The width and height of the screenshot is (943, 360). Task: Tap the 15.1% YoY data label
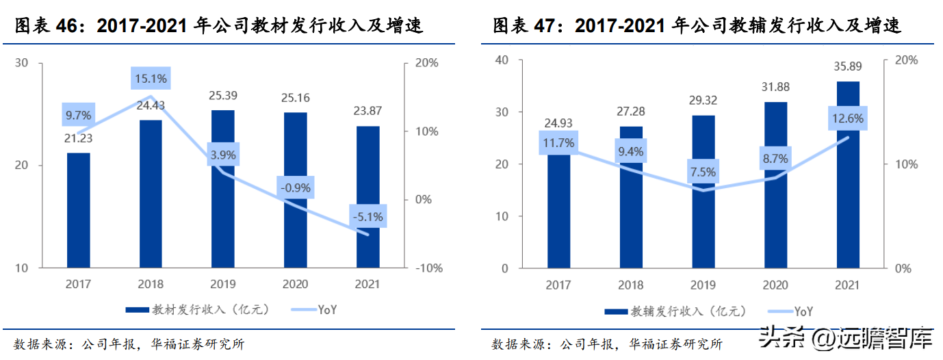pos(150,79)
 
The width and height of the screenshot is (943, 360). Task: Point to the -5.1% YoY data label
pos(367,218)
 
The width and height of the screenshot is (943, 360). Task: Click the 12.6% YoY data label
pos(848,119)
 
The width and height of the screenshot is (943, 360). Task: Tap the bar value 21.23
pos(78,138)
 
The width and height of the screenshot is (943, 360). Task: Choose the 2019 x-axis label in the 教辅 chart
pos(703,286)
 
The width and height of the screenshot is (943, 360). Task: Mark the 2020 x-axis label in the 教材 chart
pos(296,283)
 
